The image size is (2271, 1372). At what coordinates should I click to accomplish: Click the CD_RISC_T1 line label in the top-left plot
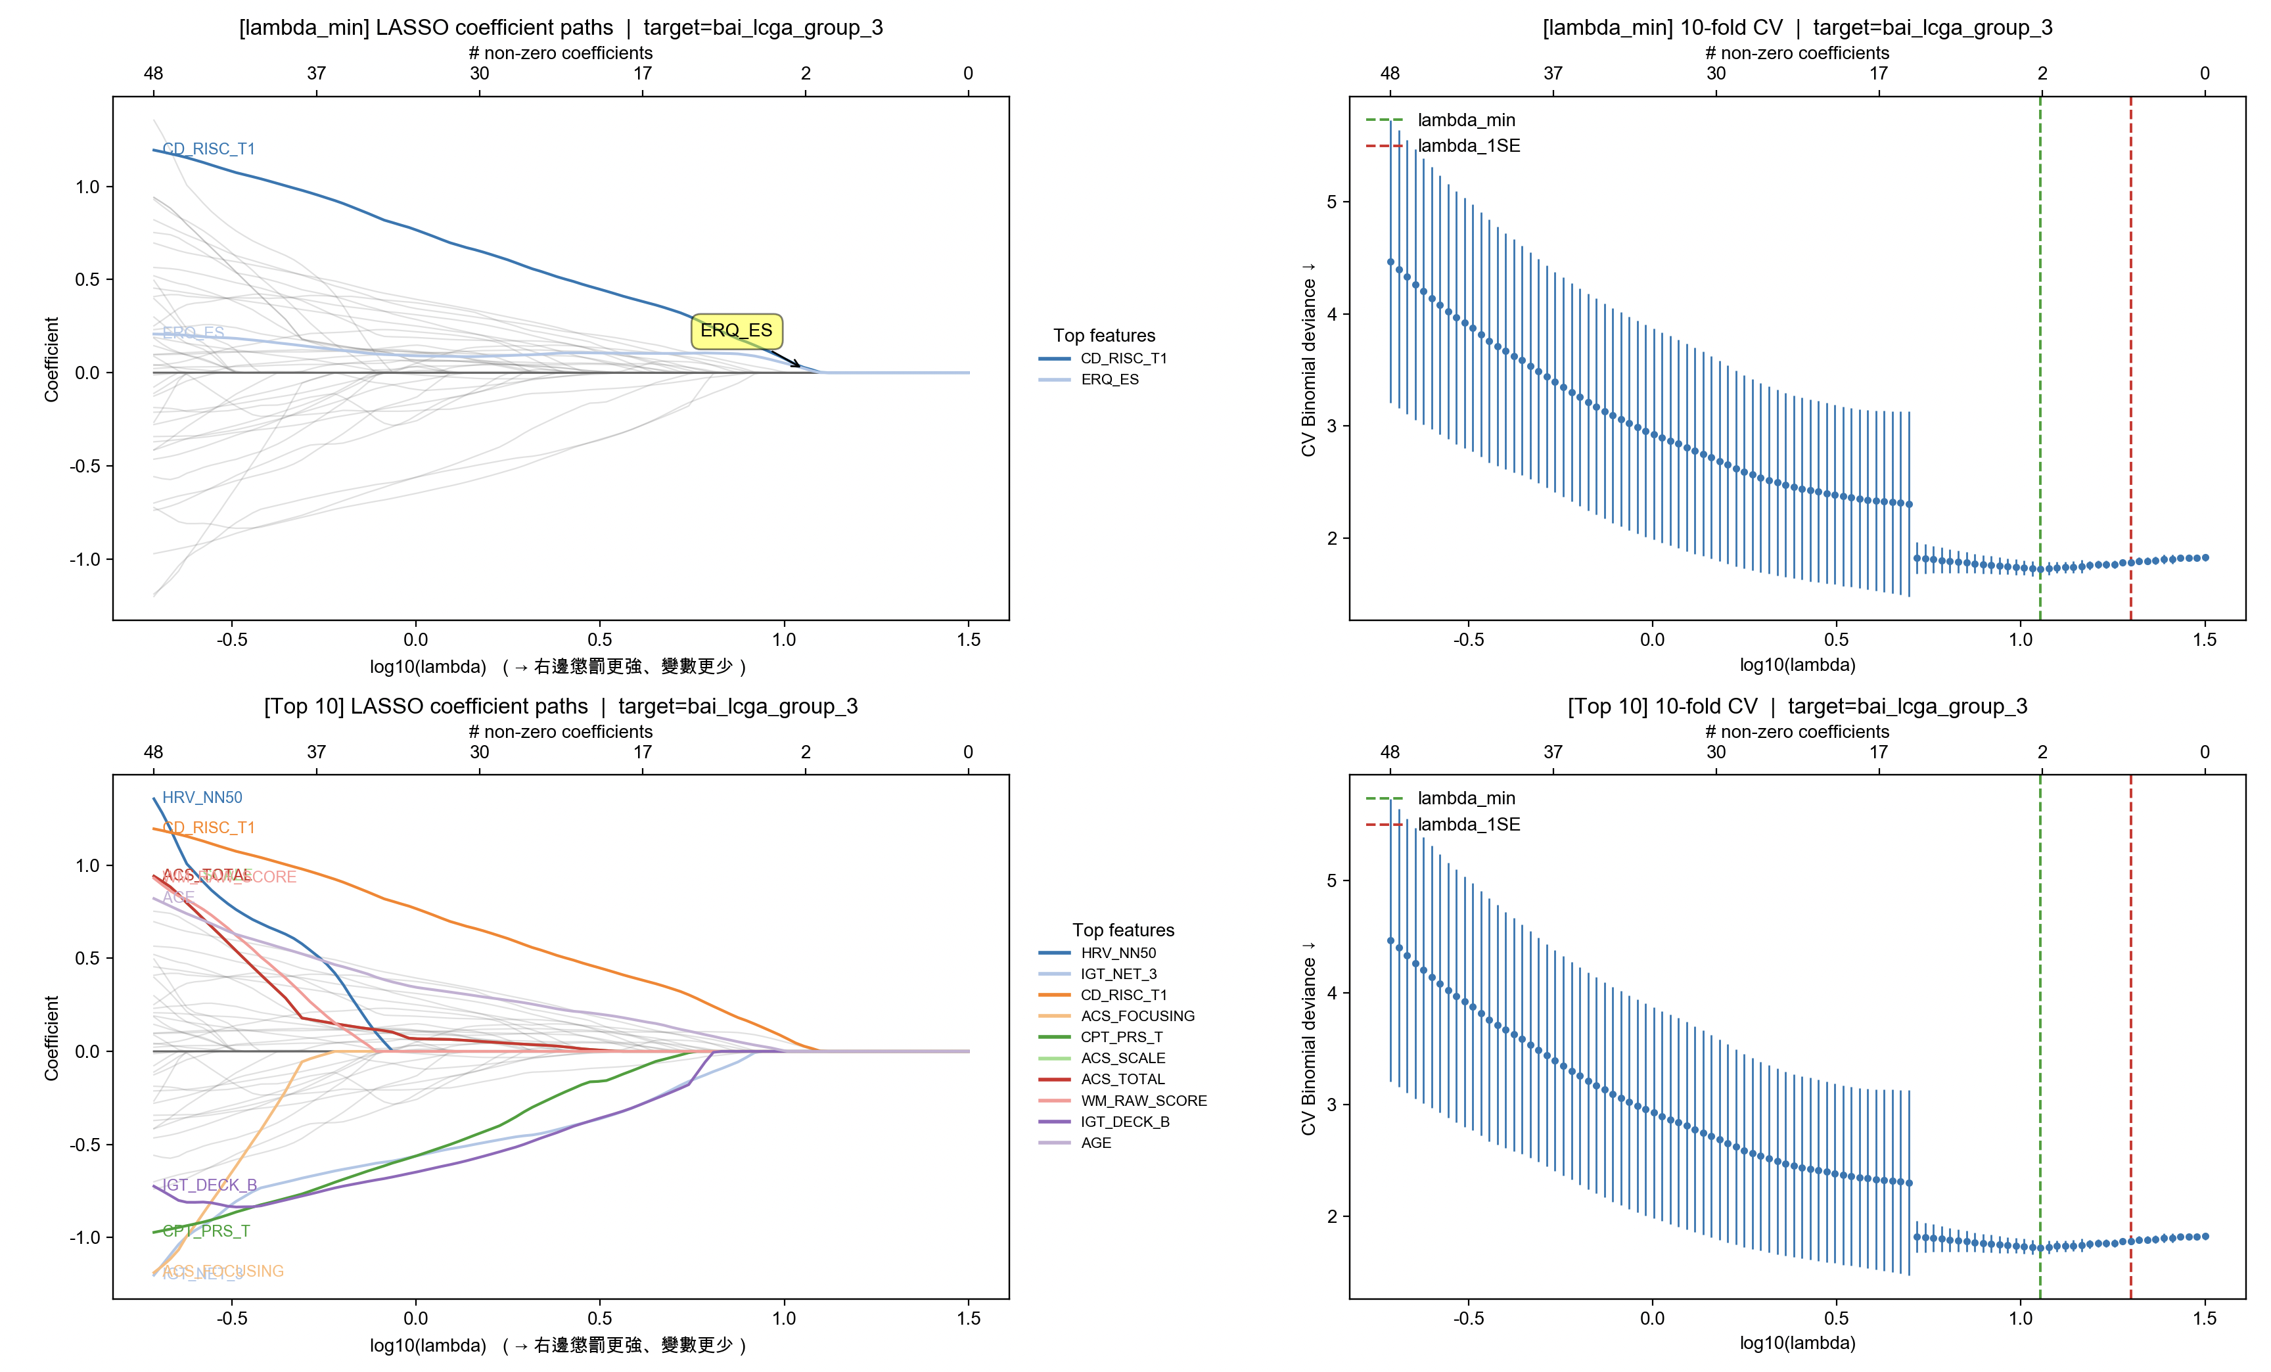click(208, 149)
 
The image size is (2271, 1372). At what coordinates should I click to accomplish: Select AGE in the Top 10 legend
click(1096, 1143)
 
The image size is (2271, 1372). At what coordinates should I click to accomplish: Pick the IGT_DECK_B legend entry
click(1124, 1122)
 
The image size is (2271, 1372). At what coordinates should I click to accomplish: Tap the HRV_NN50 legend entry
click(1118, 953)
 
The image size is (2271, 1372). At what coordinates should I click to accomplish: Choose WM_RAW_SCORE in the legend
click(1143, 1100)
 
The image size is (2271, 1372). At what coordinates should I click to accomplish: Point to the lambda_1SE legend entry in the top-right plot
click(1468, 146)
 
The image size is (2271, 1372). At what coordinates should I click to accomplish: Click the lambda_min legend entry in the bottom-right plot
click(1465, 798)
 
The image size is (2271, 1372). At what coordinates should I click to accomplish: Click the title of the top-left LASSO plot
click(561, 28)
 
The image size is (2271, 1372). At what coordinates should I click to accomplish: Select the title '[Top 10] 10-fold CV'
click(1797, 707)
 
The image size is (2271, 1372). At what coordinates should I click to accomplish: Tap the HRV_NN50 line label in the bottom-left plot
click(202, 797)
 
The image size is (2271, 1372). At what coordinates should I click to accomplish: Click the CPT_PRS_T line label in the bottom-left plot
click(206, 1231)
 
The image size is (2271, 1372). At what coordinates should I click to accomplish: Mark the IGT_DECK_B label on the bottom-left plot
click(209, 1185)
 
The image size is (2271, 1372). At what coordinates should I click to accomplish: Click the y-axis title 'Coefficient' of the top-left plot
click(52, 359)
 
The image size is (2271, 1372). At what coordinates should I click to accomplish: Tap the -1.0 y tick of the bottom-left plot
click(87, 1237)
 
